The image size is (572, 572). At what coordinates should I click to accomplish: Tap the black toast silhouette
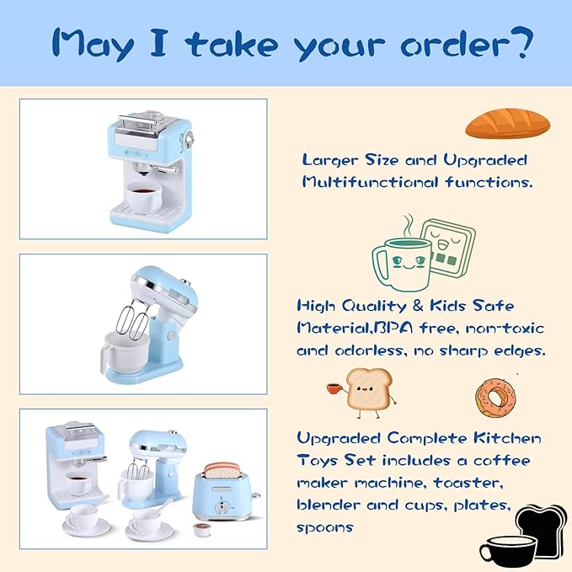[x=542, y=527]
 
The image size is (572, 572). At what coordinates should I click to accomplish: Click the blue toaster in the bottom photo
[x=223, y=498]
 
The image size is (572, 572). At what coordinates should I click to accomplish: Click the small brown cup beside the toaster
[x=200, y=529]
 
